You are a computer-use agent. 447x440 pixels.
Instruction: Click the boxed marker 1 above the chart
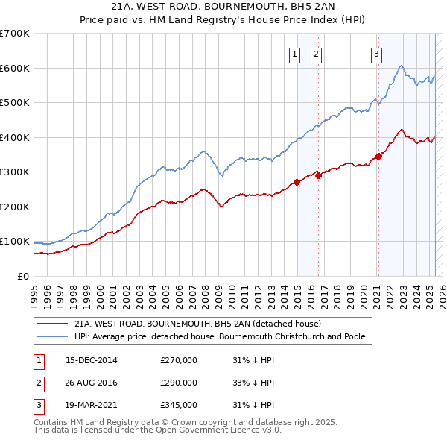pyautogui.click(x=294, y=54)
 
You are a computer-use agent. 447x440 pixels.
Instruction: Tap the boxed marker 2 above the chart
pyautogui.click(x=317, y=54)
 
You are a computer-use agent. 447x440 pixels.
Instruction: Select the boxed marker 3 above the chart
pyautogui.click(x=377, y=54)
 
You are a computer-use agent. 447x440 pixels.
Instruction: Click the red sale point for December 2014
pyautogui.click(x=297, y=181)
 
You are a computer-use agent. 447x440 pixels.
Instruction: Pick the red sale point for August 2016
pyautogui.click(x=319, y=175)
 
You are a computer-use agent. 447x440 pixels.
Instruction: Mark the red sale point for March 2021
pyautogui.click(x=378, y=156)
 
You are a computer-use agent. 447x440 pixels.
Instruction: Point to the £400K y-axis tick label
pyautogui.click(x=15, y=137)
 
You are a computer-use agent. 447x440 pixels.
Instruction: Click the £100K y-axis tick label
pyautogui.click(x=15, y=242)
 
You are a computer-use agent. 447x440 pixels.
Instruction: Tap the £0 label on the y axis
pyautogui.click(x=22, y=276)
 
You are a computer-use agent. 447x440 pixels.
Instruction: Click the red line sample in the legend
pyautogui.click(x=52, y=324)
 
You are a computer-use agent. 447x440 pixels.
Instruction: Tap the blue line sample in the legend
pyautogui.click(x=52, y=336)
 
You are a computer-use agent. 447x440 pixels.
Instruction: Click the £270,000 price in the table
pyautogui.click(x=179, y=360)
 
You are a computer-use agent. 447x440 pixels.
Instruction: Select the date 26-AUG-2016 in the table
pyautogui.click(x=92, y=383)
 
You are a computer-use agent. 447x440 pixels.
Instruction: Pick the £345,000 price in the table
pyautogui.click(x=179, y=405)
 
